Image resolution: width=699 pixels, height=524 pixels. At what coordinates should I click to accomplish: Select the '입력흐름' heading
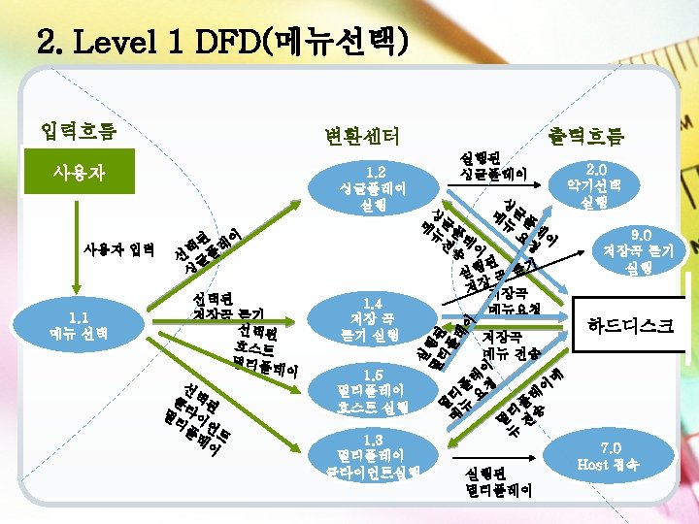(78, 130)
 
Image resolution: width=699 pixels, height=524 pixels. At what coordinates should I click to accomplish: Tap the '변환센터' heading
(360, 136)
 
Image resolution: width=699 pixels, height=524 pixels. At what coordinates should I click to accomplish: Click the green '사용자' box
(79, 174)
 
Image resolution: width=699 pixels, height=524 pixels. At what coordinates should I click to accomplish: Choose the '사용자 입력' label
(117, 251)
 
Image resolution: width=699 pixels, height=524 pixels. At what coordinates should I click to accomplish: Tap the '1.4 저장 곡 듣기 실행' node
(373, 319)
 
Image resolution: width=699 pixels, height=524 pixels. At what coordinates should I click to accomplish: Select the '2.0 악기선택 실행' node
(604, 184)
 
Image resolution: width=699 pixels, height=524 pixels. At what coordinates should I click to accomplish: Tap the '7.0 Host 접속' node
(621, 455)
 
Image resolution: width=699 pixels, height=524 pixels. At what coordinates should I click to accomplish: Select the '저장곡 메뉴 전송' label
(512, 344)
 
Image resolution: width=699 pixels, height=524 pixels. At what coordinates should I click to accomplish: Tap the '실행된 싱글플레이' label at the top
(492, 166)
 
